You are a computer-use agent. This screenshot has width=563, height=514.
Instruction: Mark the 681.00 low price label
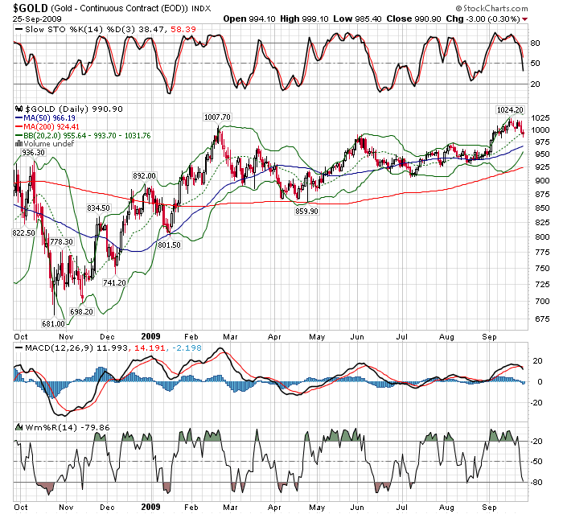(53, 323)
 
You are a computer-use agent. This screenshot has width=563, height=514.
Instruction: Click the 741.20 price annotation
(115, 282)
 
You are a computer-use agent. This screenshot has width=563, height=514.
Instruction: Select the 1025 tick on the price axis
(540, 117)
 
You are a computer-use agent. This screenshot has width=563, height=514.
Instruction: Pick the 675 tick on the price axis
(538, 319)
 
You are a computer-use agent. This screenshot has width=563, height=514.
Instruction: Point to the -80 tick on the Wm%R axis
(536, 482)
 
